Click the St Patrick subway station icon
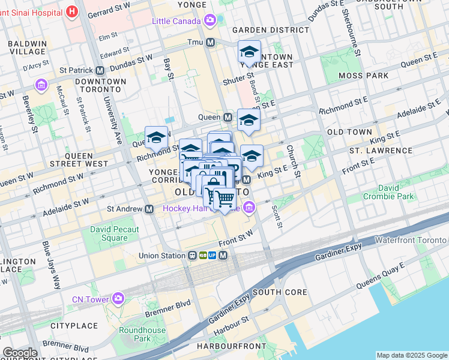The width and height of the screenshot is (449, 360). (100, 70)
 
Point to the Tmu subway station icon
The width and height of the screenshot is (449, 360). (211, 42)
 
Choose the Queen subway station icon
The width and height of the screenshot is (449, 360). (228, 117)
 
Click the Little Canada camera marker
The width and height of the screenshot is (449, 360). (209, 21)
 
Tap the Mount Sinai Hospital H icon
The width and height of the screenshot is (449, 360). (73, 11)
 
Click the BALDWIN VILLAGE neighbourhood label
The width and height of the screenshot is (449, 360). (27, 47)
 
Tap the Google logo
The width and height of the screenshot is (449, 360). (20, 353)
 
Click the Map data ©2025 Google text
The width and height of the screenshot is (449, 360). (411, 355)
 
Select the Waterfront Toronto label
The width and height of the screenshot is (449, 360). (411, 240)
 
